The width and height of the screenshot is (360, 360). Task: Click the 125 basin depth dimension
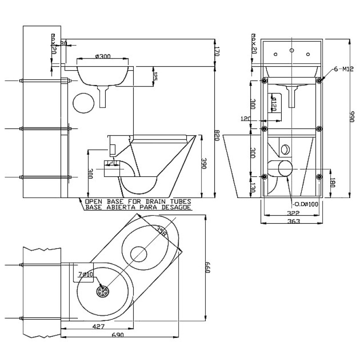click(x=155, y=76)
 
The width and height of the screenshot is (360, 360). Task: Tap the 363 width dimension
click(x=293, y=221)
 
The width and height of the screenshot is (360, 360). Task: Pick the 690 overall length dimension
click(x=117, y=335)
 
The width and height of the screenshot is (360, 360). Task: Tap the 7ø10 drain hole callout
click(x=84, y=274)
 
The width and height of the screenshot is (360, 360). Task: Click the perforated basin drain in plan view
click(x=103, y=291)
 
